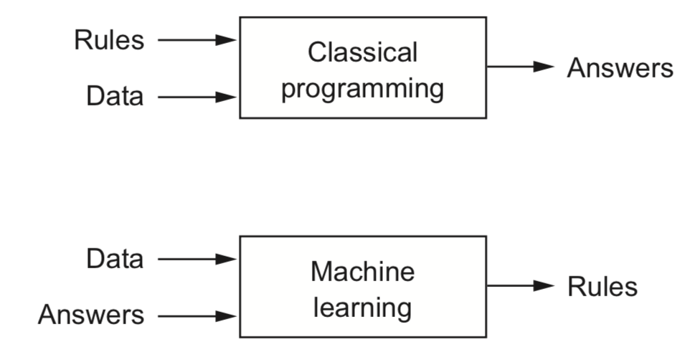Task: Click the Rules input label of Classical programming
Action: click(x=108, y=40)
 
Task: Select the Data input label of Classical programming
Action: click(x=115, y=96)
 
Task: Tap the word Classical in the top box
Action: click(x=362, y=52)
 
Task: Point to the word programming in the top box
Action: click(x=362, y=90)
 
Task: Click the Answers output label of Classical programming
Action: click(x=620, y=68)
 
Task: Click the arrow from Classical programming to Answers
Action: click(x=520, y=67)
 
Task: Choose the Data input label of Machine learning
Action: click(x=115, y=259)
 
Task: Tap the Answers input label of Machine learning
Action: click(x=90, y=315)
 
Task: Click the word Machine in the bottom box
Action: click(x=362, y=272)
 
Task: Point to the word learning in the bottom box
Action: click(x=362, y=308)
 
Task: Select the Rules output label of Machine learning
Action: click(x=602, y=287)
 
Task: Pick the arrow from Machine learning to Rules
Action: click(x=520, y=286)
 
